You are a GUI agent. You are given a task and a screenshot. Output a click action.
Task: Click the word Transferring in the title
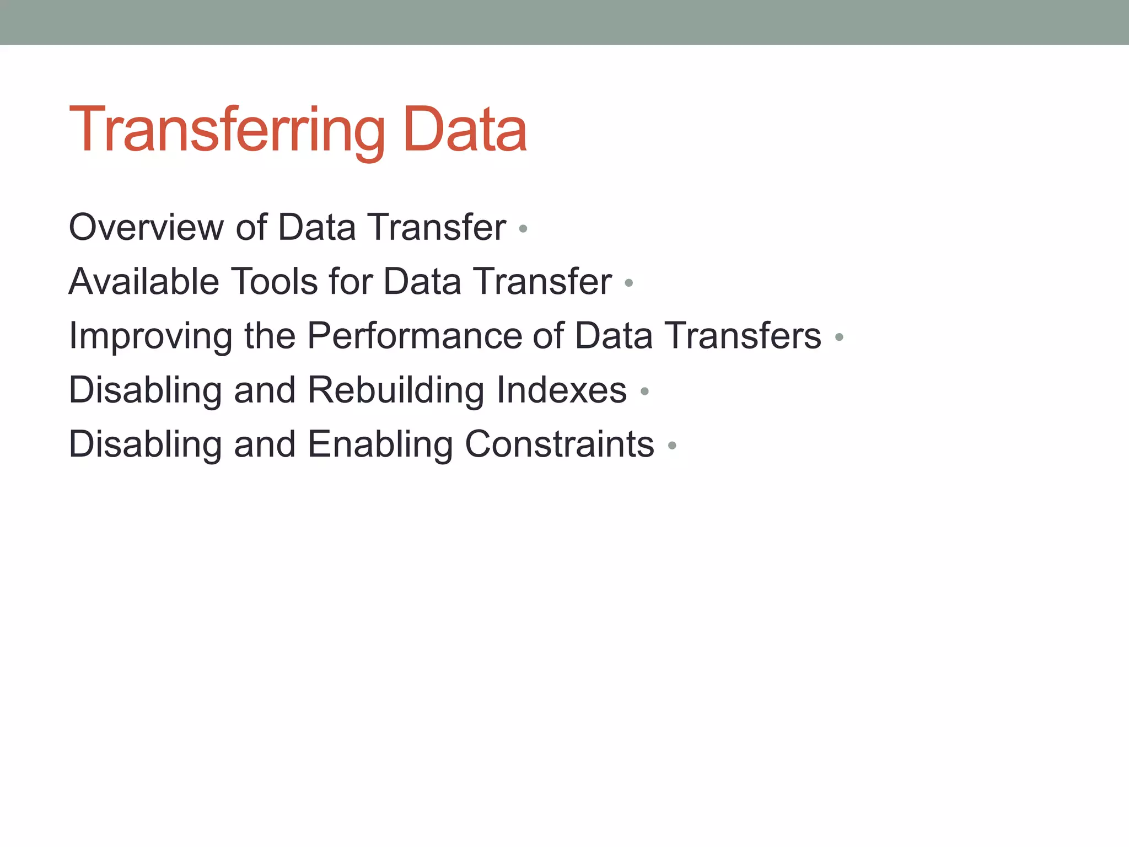227,131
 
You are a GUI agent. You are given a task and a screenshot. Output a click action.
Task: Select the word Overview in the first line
146,227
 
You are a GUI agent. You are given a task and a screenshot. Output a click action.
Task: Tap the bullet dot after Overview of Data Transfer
523,228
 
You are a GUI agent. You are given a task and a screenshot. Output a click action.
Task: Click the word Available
144,281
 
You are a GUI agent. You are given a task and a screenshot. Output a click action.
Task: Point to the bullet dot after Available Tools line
628,283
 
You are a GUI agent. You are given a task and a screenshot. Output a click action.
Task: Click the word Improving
150,336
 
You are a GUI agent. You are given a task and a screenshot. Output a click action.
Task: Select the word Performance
414,336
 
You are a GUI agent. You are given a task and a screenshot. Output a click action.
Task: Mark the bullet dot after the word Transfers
839,337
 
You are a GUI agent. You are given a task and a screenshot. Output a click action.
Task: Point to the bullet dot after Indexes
644,392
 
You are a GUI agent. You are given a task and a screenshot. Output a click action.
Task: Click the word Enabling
380,444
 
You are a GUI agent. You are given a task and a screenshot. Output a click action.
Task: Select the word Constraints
559,444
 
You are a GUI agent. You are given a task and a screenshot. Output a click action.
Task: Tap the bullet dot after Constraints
671,446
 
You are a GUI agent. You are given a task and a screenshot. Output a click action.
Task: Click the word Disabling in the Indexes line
145,390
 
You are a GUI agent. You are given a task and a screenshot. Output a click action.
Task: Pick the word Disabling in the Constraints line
145,444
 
